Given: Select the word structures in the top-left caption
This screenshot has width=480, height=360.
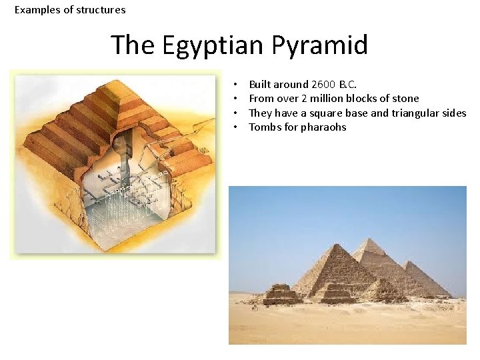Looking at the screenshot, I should (100, 9).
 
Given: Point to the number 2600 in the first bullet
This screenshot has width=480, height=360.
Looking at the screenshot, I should (324, 84).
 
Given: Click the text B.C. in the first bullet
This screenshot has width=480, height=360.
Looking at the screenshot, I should (348, 84).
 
